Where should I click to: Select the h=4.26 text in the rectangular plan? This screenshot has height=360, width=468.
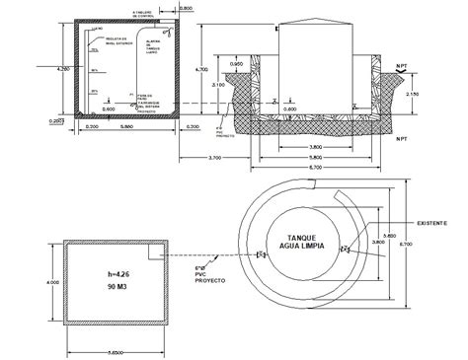[x=118, y=274]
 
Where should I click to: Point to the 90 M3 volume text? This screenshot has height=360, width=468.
[x=118, y=287]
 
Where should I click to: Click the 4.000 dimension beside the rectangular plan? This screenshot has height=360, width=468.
[x=54, y=282]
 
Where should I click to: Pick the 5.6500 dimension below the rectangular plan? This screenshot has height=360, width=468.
[x=117, y=350]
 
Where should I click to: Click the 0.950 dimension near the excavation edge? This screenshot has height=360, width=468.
[x=236, y=63]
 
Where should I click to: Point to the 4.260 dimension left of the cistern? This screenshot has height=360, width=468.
[x=62, y=70]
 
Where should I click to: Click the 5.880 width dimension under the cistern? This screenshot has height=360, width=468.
[x=126, y=127]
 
